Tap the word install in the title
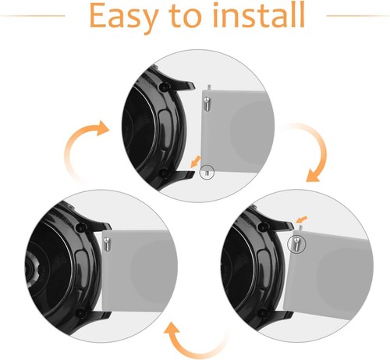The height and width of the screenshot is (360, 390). point(259,15)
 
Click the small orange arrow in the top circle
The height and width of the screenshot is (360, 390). point(196,162)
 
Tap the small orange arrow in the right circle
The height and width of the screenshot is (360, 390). point(302,219)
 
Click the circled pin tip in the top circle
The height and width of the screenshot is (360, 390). point(207,172)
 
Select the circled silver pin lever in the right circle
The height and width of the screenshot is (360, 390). point(296,244)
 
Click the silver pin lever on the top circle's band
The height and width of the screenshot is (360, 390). point(207,103)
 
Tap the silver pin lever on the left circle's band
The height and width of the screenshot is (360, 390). point(107,244)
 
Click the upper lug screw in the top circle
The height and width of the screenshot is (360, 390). point(164,87)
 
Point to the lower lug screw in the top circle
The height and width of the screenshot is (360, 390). point(163,173)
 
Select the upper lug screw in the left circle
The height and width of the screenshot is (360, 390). point(80,227)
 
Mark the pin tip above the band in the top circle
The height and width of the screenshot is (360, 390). point(209,87)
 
